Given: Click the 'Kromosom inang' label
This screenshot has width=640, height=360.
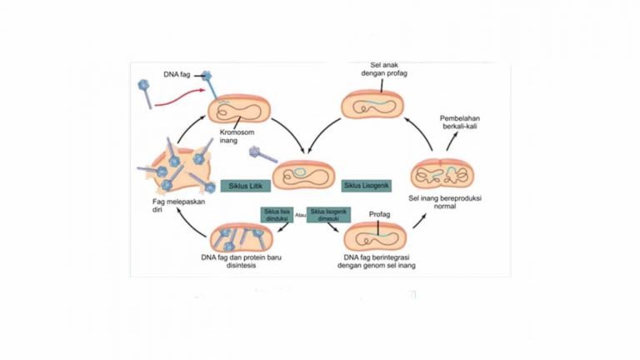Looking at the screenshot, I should click(237, 136).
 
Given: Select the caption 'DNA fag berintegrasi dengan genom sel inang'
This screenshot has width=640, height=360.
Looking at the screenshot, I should click(372, 262).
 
